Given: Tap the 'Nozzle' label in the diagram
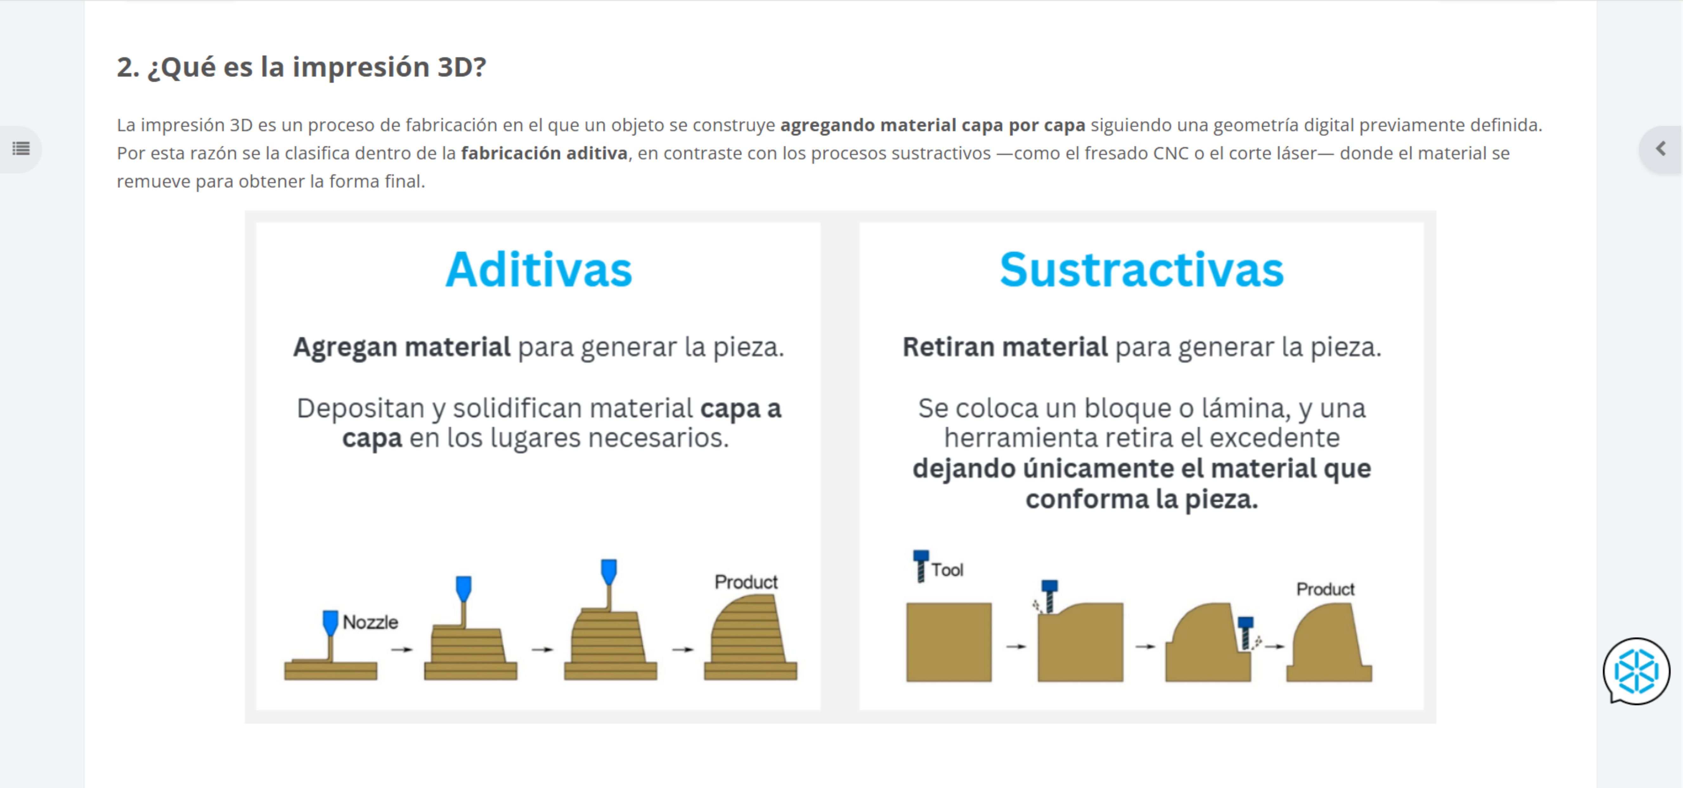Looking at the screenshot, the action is [371, 622].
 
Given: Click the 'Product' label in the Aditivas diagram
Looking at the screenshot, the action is [746, 582].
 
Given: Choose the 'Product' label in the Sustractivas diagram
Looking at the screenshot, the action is [1326, 589].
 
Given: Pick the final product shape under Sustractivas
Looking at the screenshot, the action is [1329, 643].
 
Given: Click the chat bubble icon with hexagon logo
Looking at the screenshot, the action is [1637, 671].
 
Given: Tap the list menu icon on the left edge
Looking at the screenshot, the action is [21, 149].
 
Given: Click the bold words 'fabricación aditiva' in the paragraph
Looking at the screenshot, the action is [544, 153].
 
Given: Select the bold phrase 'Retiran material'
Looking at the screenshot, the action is [1005, 347].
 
